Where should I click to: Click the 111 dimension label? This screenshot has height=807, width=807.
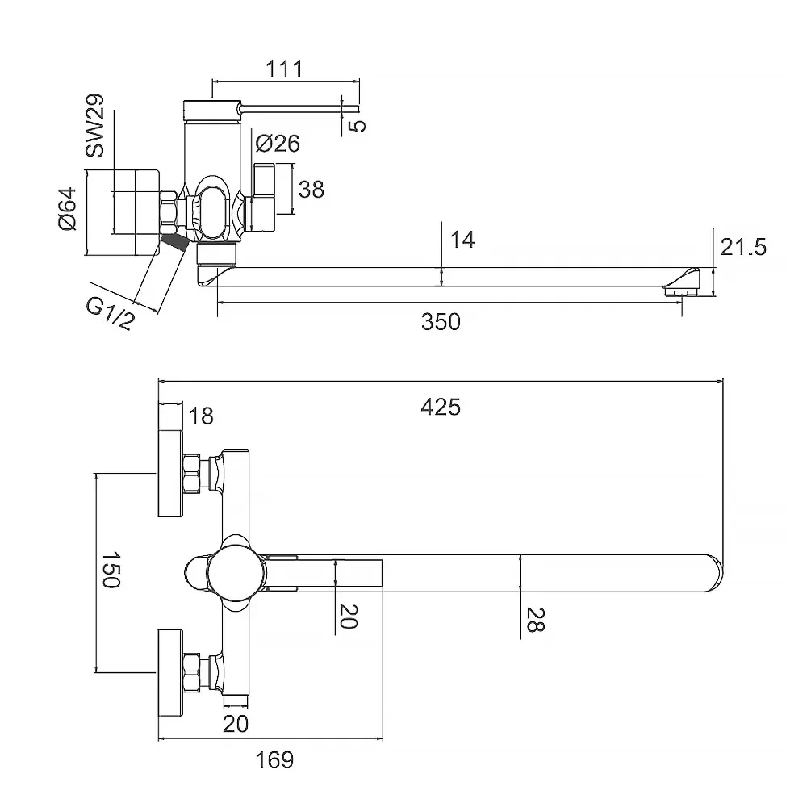(x=283, y=69)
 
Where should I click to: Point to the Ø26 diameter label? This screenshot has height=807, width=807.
(x=278, y=144)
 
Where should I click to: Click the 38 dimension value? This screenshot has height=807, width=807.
(x=311, y=189)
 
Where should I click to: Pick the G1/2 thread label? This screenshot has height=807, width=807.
(x=111, y=312)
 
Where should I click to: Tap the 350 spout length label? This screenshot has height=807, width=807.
(x=441, y=321)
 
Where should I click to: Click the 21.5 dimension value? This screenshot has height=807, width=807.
(x=742, y=247)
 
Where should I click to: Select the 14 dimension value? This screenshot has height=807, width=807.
(x=462, y=240)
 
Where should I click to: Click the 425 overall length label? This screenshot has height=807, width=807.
(x=441, y=407)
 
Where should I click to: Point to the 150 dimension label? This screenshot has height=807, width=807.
(x=111, y=570)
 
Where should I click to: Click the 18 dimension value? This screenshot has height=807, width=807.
(x=202, y=416)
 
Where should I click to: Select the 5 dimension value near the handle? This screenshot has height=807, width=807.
(x=359, y=124)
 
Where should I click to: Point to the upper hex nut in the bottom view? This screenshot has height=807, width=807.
(x=192, y=474)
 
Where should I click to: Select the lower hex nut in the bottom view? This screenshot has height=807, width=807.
(x=192, y=671)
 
